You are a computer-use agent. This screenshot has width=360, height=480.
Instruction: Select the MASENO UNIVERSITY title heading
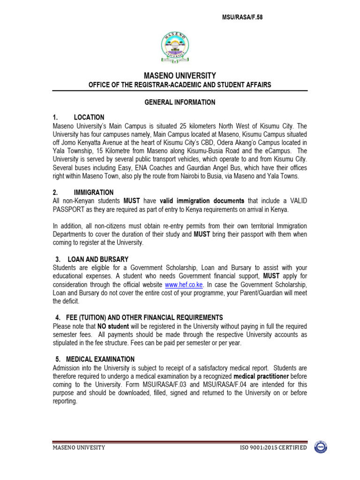180,75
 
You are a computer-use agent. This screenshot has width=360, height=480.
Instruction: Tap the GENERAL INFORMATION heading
180,102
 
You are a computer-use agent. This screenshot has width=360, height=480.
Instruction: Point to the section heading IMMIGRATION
94,193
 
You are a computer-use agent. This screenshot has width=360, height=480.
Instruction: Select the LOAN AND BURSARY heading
98,259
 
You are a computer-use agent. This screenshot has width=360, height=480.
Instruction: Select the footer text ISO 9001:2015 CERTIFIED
273,448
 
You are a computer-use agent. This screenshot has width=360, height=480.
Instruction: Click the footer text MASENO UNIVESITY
79,448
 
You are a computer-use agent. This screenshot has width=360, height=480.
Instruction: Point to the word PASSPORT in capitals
68,209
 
